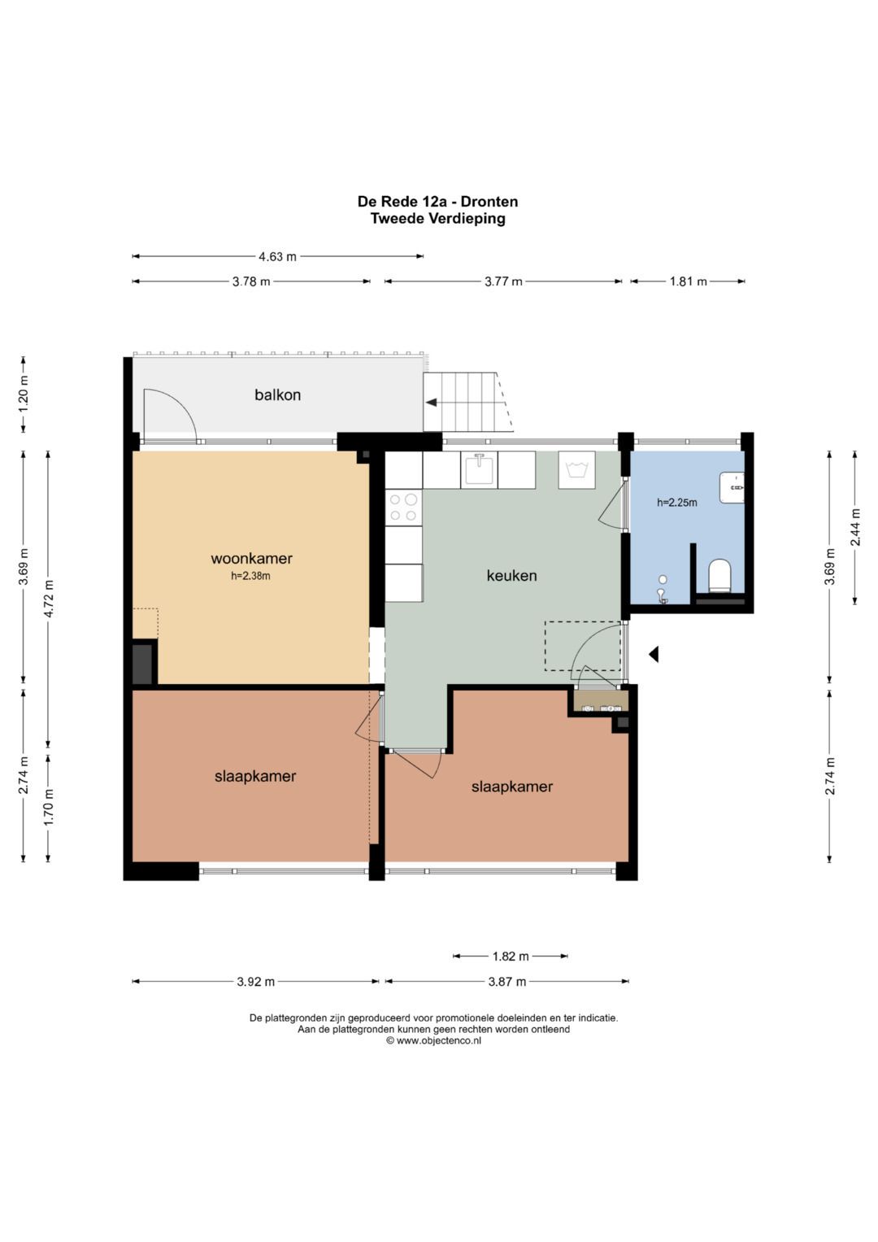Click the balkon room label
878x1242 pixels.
coord(277,394)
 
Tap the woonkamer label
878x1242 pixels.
coord(252,558)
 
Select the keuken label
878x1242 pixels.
coord(511,576)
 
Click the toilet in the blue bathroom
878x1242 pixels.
coord(720,575)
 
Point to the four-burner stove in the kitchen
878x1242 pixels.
coord(403,508)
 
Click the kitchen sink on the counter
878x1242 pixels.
coord(479,469)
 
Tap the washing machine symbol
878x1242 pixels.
coord(576,469)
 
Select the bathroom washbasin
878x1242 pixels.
coord(732,487)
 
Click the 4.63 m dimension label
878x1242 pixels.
coord(278,257)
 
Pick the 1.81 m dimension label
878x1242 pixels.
coord(688,281)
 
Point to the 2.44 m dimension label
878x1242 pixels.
coord(855,527)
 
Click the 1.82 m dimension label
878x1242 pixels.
coord(511,956)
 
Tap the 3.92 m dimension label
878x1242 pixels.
coord(255,982)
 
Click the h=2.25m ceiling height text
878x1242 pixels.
coord(676,503)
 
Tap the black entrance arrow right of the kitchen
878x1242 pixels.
coord(654,654)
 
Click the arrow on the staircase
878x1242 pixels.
coord(431,403)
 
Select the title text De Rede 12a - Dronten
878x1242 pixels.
coord(438,201)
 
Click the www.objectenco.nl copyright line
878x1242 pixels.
coord(433,1041)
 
